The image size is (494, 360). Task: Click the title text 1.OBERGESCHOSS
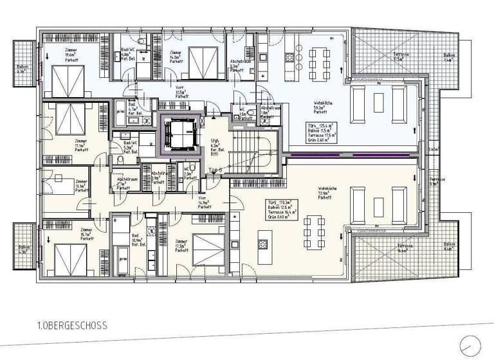coord(71,326)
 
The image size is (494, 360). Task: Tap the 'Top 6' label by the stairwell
coord(215,170)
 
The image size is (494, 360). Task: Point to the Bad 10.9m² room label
coord(137,241)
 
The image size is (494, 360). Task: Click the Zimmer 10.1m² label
coord(81,186)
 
